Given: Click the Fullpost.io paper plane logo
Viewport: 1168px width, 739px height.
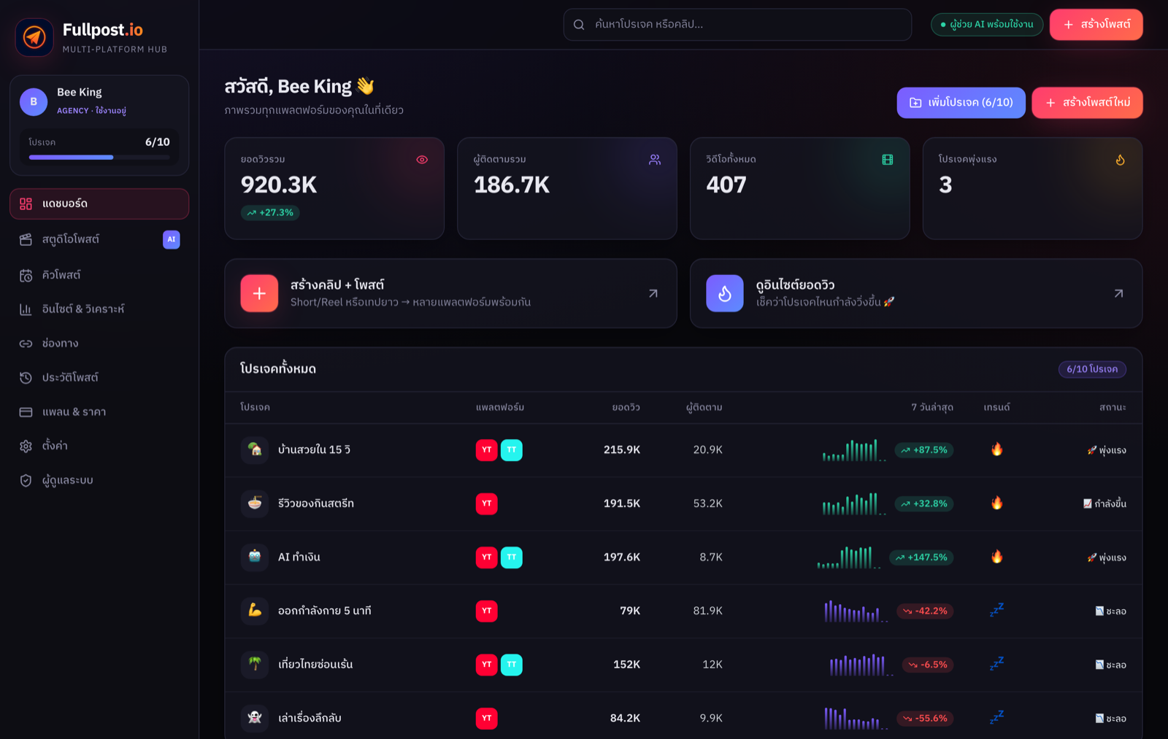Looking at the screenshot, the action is (x=34, y=37).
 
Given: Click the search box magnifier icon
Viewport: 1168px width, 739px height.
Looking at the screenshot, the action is (x=579, y=25).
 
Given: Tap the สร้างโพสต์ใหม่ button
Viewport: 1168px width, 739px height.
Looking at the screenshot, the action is (x=1087, y=103).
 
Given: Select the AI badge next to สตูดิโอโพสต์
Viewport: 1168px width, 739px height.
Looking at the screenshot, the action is (x=171, y=239).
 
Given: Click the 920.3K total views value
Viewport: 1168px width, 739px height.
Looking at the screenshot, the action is (x=278, y=185).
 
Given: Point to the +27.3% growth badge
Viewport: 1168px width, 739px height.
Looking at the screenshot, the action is (x=270, y=212).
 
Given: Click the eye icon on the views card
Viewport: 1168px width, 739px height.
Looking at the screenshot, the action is (x=422, y=160).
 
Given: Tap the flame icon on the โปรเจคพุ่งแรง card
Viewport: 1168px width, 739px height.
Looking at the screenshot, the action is (x=1120, y=160).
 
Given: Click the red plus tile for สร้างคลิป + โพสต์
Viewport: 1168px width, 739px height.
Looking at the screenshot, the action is (x=259, y=293).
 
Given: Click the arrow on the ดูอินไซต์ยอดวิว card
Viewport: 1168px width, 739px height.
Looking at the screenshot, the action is (x=1118, y=293).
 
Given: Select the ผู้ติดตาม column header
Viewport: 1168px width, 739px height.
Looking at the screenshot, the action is (x=704, y=407).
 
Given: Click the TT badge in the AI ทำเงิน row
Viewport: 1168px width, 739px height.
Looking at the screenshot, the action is (x=512, y=557).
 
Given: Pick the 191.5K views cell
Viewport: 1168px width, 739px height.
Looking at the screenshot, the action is (x=621, y=503).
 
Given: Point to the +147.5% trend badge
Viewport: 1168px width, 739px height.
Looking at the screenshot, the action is (x=921, y=557).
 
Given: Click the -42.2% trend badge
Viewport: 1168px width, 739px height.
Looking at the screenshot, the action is (x=925, y=611).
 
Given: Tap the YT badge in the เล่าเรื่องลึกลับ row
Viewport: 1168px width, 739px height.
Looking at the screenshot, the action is (x=486, y=718).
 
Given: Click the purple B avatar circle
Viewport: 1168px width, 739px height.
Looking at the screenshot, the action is (x=34, y=101).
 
